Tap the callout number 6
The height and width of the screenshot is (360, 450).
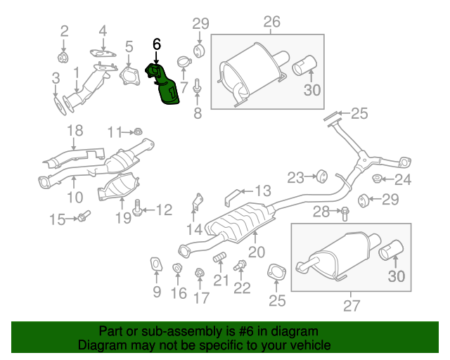[x=156, y=44]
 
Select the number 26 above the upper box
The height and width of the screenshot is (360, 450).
[x=271, y=22]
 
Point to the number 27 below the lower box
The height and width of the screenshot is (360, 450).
[x=351, y=305]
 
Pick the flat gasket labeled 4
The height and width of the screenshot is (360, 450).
[x=103, y=52]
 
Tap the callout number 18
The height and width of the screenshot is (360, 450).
[x=75, y=130]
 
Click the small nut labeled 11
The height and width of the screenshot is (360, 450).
[x=138, y=131]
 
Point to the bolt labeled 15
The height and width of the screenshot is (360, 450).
[x=82, y=217]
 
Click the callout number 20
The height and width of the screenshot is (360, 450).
[x=256, y=252]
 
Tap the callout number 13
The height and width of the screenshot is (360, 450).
[x=262, y=191]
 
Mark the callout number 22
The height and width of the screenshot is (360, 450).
[x=242, y=288]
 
